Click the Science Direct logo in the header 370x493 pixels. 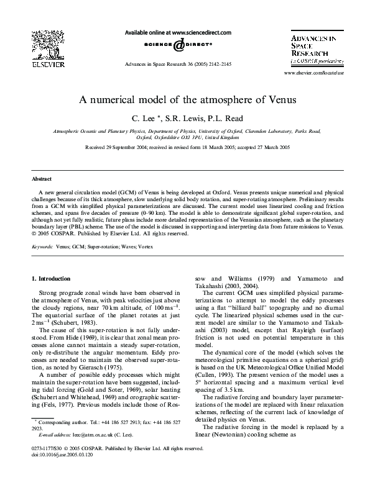pyautogui.click(x=178, y=45)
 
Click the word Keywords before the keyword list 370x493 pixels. pyautogui.click(x=42, y=246)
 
